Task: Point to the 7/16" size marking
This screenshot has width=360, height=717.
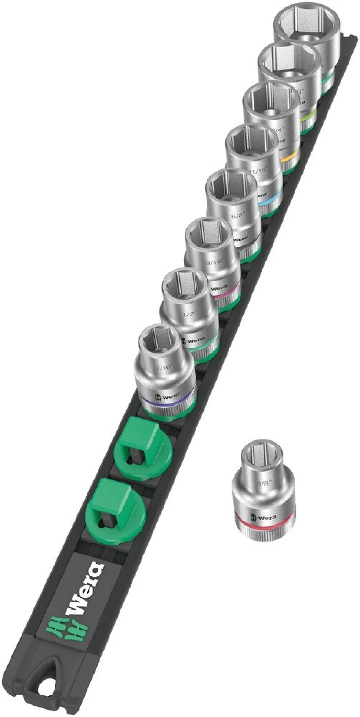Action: pos(162,368)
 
